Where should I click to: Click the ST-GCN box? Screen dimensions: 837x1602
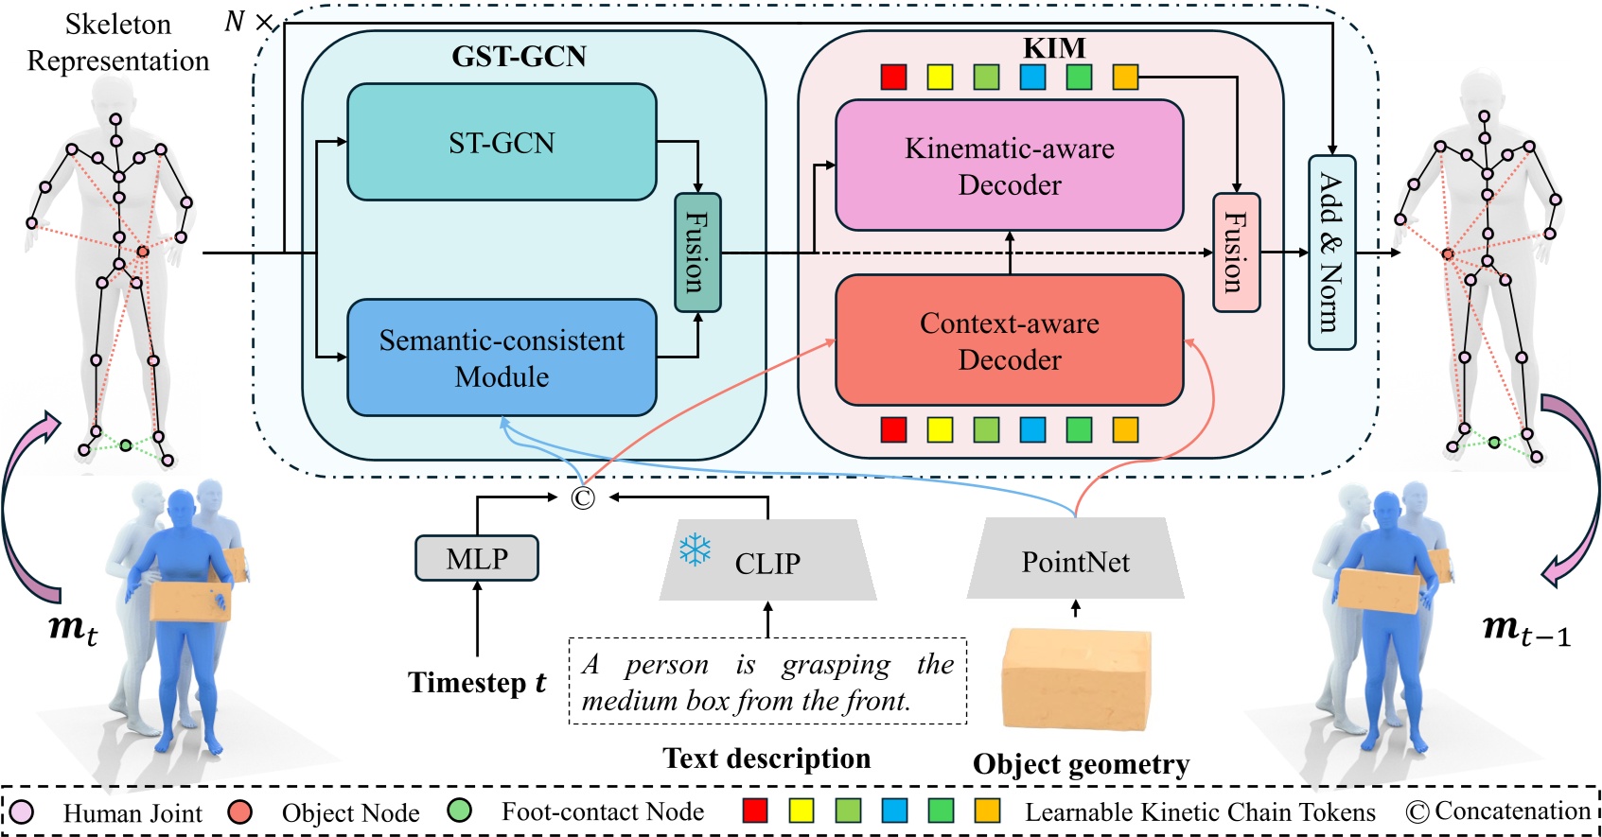pos(502,142)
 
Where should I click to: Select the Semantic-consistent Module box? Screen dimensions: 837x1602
pos(502,357)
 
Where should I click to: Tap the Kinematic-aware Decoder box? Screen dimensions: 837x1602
pos(1009,166)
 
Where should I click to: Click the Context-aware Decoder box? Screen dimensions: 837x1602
pos(1009,340)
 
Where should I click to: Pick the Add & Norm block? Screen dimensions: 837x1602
pos(1331,253)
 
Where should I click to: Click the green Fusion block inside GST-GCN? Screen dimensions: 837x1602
pos(697,253)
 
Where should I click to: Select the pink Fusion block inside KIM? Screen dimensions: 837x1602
pos(1236,253)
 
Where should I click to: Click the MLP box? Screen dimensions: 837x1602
pos(477,558)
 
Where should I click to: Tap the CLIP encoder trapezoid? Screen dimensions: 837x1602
pos(767,562)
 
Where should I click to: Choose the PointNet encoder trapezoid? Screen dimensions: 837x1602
pos(1075,560)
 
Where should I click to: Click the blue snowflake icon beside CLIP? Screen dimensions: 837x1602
pos(695,549)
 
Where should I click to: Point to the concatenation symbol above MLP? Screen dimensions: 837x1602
pos(583,497)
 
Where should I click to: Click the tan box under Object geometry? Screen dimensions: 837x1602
pos(1077,679)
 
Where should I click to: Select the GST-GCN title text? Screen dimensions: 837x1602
pos(519,57)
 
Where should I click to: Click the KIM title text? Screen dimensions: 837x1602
pos(1054,47)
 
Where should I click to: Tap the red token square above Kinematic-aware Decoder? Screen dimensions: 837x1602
pos(893,77)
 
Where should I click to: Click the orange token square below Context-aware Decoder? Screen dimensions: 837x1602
pos(1124,429)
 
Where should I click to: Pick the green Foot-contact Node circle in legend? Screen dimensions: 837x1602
pos(459,811)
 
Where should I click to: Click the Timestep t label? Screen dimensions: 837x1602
pos(477,683)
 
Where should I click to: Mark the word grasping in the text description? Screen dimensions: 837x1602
pos(836,665)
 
